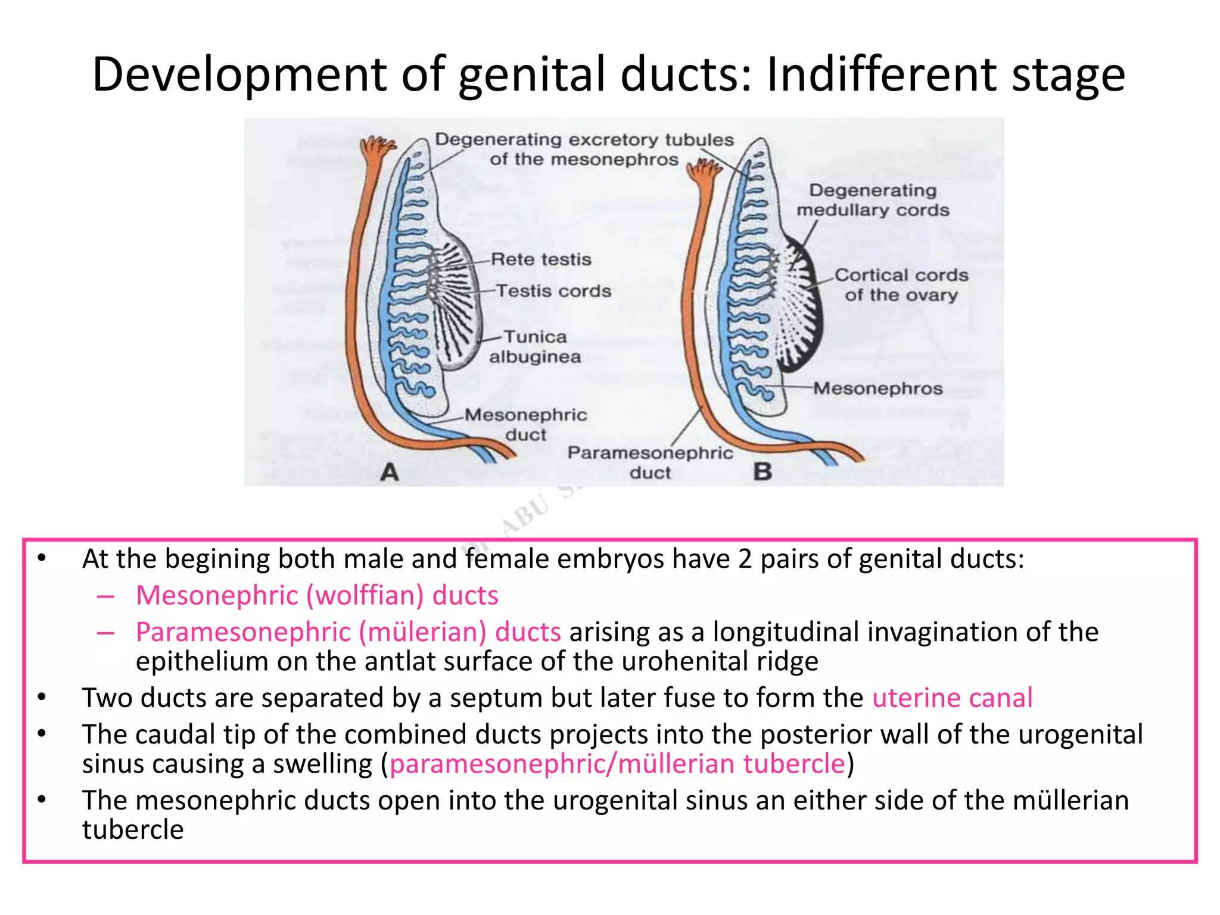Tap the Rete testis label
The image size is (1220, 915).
541,260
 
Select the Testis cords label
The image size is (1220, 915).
553,291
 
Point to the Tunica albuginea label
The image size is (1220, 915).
535,347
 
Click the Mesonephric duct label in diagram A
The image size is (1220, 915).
525,424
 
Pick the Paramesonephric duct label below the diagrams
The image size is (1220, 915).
650,462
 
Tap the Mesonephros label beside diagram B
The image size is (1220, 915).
878,388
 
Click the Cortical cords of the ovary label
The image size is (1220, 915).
901,285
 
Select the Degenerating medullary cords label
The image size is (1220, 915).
873,200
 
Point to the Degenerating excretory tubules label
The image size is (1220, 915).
584,149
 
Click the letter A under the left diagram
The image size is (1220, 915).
390,472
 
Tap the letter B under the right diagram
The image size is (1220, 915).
762,472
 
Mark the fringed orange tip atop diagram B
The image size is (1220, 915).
704,172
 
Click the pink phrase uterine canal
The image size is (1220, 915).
952,698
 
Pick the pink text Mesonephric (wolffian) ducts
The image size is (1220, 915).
317,595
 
